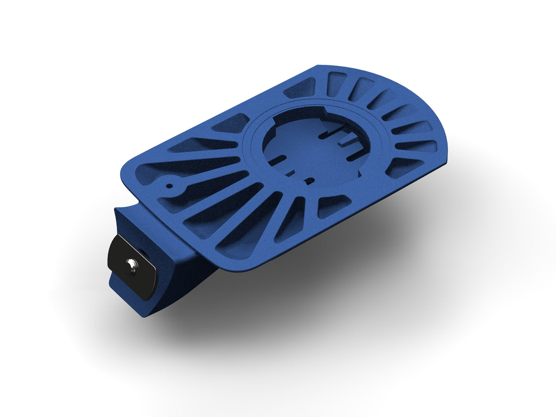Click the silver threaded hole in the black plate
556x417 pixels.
point(133,264)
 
